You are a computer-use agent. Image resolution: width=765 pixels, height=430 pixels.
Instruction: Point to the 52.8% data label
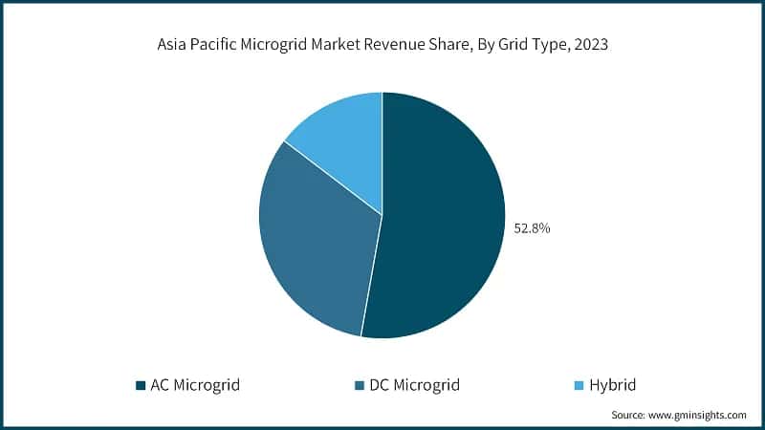(x=533, y=229)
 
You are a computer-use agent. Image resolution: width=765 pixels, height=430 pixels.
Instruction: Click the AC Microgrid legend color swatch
(x=141, y=386)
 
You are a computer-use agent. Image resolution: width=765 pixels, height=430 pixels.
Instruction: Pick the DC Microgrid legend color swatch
(x=359, y=386)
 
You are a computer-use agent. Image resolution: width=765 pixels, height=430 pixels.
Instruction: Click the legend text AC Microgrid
(x=195, y=386)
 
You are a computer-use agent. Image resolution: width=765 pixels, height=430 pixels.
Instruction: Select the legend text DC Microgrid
(x=413, y=386)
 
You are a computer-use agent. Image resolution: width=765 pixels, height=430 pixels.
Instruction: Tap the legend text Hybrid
(x=613, y=386)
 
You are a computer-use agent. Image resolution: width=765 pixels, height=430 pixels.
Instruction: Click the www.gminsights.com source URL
(x=699, y=416)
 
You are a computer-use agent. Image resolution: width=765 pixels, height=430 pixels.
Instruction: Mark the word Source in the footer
(x=629, y=416)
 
